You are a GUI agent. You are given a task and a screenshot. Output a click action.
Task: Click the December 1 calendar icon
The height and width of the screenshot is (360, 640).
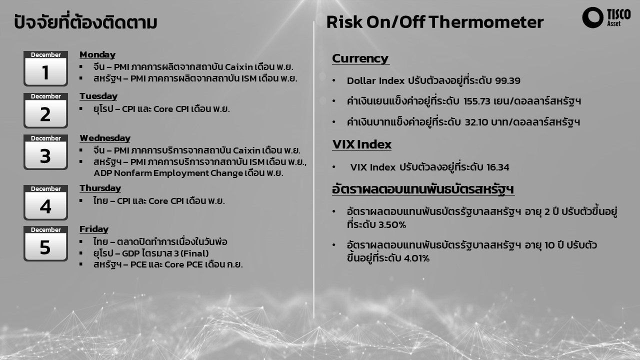click(45, 68)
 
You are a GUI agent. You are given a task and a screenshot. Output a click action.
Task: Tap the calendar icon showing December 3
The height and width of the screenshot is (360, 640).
click(45, 152)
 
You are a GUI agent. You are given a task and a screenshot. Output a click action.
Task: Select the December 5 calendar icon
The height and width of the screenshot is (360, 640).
click(45, 243)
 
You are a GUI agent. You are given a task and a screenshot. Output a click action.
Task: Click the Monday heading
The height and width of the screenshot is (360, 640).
click(97, 54)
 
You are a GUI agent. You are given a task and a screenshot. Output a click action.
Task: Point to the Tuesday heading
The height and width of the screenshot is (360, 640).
click(98, 96)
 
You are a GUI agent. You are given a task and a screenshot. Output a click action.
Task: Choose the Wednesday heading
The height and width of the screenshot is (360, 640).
click(105, 138)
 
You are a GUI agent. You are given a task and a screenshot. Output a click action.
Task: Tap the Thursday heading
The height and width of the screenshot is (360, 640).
click(100, 188)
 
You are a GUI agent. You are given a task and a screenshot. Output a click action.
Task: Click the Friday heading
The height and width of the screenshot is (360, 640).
click(94, 229)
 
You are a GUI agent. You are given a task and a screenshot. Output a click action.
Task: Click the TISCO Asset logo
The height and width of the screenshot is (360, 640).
click(606, 17)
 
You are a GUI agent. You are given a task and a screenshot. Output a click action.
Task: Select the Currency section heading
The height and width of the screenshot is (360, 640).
click(360, 58)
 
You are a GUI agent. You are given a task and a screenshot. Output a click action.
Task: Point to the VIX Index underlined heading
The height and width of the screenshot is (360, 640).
click(361, 144)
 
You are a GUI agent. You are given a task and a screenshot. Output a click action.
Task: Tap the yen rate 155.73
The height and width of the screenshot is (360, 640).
click(477, 101)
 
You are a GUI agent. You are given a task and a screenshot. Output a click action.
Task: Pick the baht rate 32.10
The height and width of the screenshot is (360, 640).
click(476, 122)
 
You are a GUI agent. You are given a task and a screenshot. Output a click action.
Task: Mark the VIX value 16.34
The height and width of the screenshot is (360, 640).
click(497, 167)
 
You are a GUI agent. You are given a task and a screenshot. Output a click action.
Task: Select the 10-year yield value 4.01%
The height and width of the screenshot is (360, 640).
click(416, 258)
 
